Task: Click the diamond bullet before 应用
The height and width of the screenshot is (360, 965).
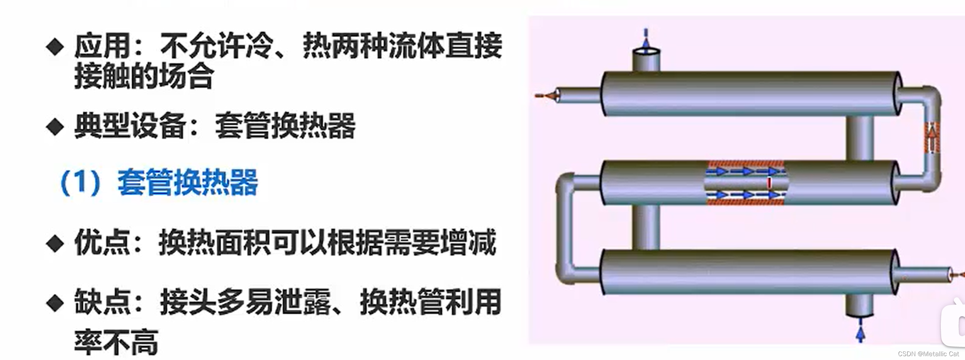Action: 55,47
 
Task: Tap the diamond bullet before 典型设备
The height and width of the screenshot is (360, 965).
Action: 55,127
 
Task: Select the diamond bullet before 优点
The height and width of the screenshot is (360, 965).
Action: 55,243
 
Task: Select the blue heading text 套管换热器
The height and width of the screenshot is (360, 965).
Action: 188,183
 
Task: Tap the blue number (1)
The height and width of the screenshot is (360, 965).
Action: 80,183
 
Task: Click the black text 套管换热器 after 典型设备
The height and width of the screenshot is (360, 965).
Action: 285,126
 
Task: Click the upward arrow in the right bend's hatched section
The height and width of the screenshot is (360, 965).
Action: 932,138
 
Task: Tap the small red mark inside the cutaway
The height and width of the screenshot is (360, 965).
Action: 769,183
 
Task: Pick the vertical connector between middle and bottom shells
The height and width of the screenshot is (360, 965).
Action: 646,227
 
